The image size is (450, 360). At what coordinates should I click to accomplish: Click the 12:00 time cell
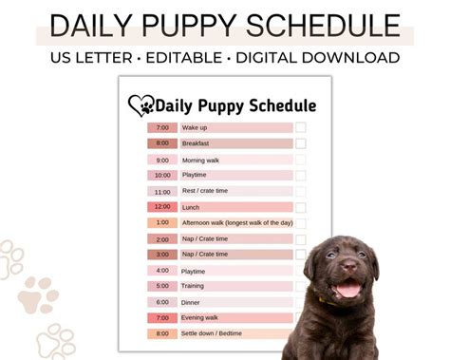pos(161,207)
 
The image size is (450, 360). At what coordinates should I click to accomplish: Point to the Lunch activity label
pos(191,207)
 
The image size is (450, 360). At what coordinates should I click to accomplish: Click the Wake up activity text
pos(196,127)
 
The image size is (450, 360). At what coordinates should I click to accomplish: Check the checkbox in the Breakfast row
pos(300,143)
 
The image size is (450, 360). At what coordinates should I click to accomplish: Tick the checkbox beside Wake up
pos(300,127)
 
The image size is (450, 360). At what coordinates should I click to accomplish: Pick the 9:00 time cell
pos(161,160)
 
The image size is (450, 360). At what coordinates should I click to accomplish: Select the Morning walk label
pos(200,160)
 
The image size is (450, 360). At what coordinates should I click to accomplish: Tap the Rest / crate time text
pos(204,191)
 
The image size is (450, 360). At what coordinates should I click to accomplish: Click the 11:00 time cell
pos(161,191)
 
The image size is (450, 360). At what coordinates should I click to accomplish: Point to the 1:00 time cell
pos(161,222)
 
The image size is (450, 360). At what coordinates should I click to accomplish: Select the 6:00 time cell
pos(161,302)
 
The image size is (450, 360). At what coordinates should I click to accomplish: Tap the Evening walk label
pos(200,317)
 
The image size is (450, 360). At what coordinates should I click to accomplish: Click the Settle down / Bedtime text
pos(213,333)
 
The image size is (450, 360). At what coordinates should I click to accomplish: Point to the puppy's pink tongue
pos(349,288)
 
